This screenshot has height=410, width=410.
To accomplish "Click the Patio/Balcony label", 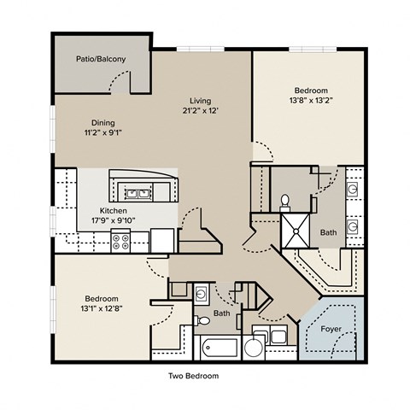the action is pos(101,59).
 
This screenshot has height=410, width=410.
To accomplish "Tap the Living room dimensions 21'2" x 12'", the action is pos(201,110).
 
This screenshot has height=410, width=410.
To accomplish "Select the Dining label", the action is pos(103,123).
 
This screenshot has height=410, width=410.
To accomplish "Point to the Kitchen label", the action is pos(113,211).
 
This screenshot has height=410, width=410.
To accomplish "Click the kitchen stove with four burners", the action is pos(120,241).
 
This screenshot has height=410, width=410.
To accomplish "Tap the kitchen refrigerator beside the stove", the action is pos(162,241).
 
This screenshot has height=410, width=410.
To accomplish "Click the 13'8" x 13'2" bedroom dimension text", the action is pos(311,100).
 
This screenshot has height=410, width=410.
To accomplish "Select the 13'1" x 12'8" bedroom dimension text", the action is pos(102,308).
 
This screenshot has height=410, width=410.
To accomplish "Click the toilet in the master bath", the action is pos(284,203).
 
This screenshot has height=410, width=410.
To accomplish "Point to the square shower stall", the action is pos(296,231).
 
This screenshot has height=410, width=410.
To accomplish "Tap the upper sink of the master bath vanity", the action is pos(353,190).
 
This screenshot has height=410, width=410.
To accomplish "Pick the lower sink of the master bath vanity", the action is pos(353,226).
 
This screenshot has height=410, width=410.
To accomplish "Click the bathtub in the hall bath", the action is pos(219,348).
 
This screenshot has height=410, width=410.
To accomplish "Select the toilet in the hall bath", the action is pos(202,320).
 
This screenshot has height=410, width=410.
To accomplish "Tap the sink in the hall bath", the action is pos(202,293).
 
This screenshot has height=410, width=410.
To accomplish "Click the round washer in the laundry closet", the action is pos(254,348).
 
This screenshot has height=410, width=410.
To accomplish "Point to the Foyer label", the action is pos(331,329).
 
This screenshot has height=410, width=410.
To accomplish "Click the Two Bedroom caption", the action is pos(194,376).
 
